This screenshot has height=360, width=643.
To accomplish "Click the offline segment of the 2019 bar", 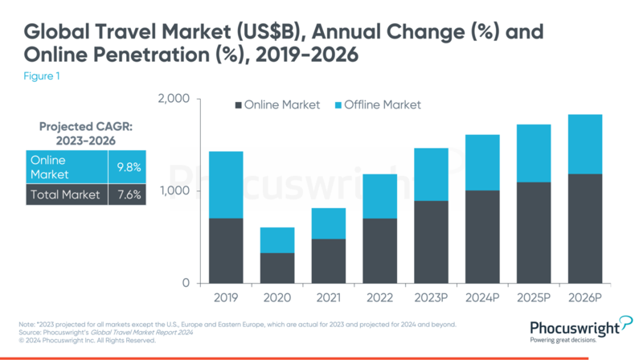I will (x=227, y=185).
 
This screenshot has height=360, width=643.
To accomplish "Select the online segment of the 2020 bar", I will (x=276, y=268).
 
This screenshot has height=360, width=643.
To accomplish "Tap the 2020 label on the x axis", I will (x=276, y=297).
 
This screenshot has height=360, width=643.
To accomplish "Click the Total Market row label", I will (x=64, y=194).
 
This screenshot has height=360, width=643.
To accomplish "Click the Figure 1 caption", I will (x=39, y=78).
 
